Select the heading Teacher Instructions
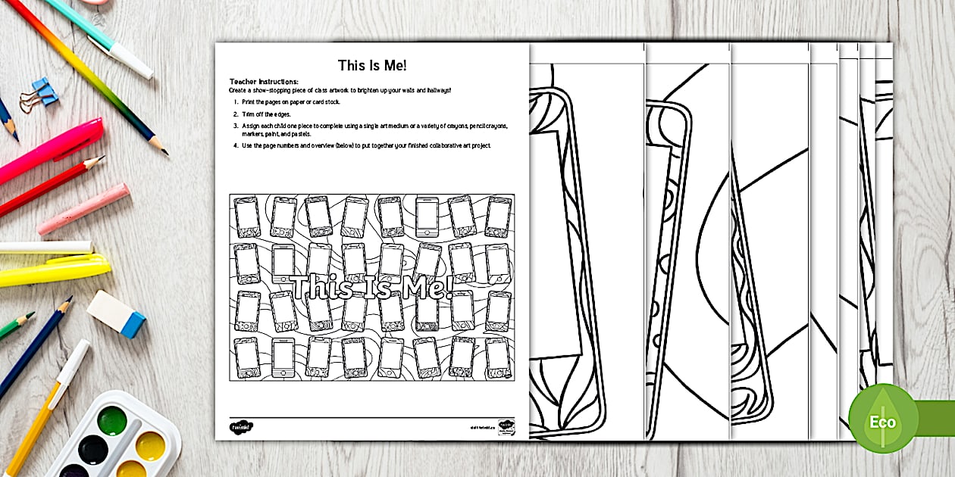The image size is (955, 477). tap(264, 82)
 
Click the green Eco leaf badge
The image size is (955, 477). tap(883, 419)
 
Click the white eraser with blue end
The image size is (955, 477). tap(116, 313)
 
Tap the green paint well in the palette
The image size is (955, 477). tap(111, 419)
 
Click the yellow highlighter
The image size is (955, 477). tap(53, 271)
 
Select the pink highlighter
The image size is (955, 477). tap(49, 151)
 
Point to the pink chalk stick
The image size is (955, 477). tap(83, 209)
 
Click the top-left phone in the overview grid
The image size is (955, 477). tap(247, 217)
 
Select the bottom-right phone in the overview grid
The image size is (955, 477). tap(498, 357)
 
